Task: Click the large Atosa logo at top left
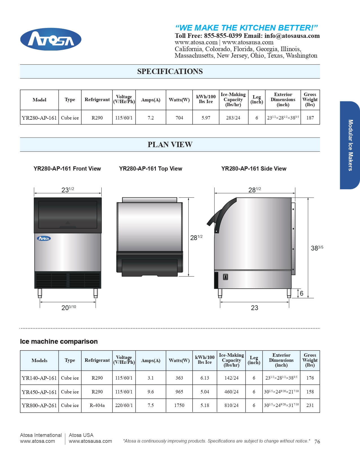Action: click(x=51, y=39)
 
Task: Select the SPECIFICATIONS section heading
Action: click(x=170, y=71)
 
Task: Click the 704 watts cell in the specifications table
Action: click(x=179, y=118)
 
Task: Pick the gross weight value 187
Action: click(x=310, y=118)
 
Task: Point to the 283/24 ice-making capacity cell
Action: click(x=233, y=118)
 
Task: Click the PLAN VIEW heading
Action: click(x=170, y=145)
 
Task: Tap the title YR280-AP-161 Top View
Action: click(x=150, y=169)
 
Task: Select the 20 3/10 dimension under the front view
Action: click(x=68, y=308)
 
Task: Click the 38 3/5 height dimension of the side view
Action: click(x=317, y=248)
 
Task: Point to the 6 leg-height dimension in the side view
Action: click(x=302, y=293)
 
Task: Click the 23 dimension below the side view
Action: click(x=254, y=308)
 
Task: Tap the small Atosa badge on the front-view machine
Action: click(x=44, y=238)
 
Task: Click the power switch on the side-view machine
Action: click(x=225, y=277)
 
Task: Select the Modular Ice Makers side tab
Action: click(x=350, y=145)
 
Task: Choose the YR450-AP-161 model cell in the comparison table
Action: click(x=39, y=392)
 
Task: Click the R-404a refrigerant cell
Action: click(x=97, y=405)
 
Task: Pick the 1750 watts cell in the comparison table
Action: click(x=179, y=405)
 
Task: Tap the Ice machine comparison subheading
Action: click(x=59, y=341)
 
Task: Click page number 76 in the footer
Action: click(x=317, y=442)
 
